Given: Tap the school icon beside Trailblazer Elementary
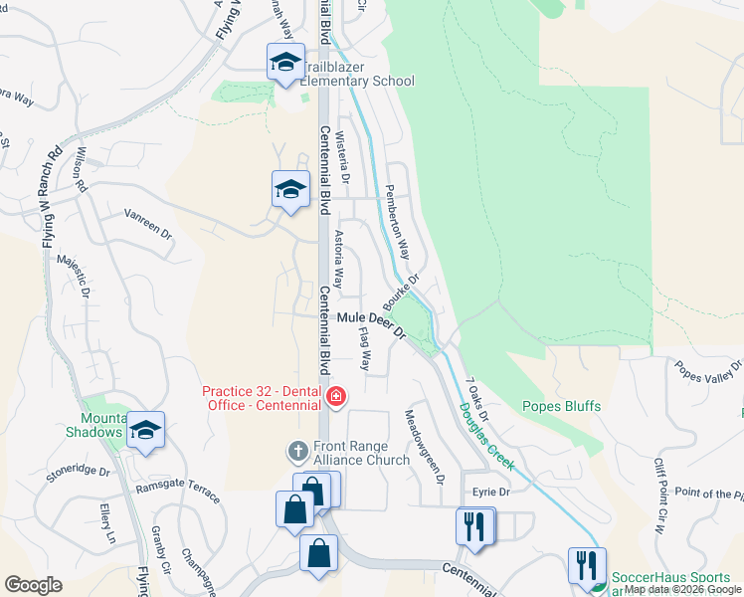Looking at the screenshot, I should [x=285, y=63].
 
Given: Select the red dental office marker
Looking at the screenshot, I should [x=335, y=398].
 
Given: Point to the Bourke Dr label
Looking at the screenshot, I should [x=402, y=292].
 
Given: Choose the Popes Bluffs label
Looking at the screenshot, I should [x=558, y=406].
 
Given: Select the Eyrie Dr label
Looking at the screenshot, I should [x=491, y=492].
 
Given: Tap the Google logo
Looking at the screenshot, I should [x=33, y=585].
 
